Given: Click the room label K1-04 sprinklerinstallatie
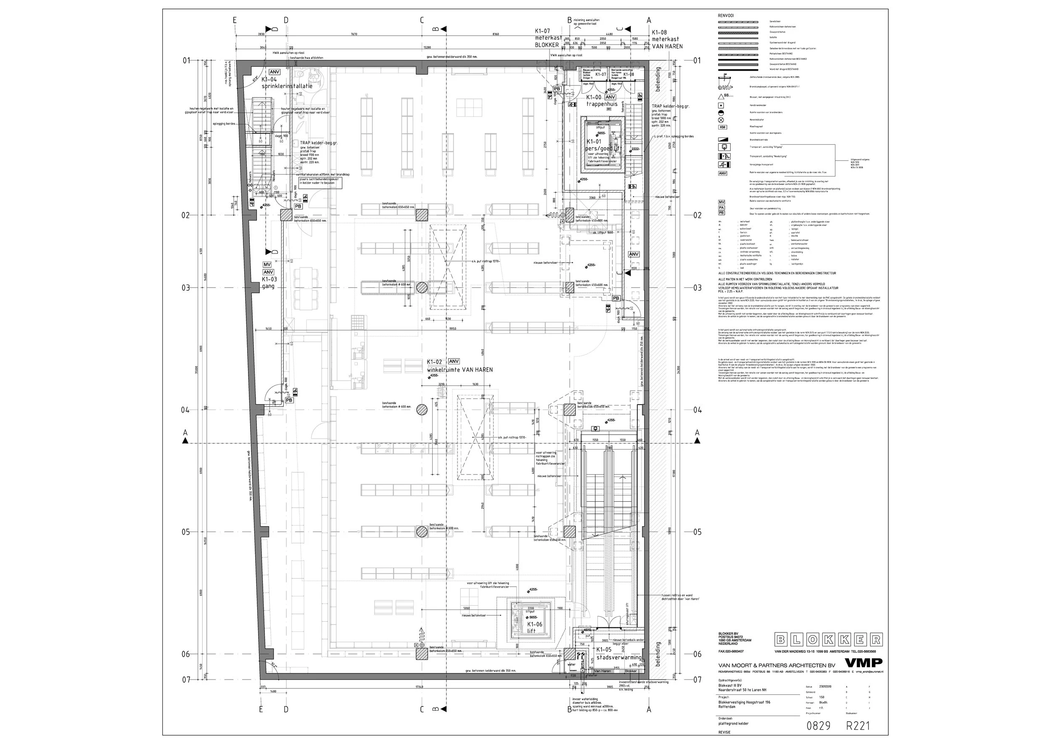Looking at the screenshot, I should [x=287, y=83].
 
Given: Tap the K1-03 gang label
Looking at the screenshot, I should [x=269, y=283].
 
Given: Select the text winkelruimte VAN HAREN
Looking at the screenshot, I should [x=460, y=370].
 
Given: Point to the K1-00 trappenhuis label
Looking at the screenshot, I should [x=602, y=101].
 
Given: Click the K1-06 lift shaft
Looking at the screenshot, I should [x=531, y=623].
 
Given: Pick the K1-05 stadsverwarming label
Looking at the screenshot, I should [x=618, y=654].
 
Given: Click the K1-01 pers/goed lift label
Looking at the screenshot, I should [x=604, y=145].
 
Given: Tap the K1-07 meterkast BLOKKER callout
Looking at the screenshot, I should [x=548, y=38].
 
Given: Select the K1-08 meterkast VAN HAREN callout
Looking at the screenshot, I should [x=667, y=40].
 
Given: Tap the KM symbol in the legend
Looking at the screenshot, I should [x=722, y=127].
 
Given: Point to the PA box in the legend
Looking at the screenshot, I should [x=722, y=207].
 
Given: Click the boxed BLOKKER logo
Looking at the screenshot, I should [x=828, y=640].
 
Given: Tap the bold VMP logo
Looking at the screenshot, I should [x=863, y=663].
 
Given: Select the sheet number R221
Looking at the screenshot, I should [x=857, y=725].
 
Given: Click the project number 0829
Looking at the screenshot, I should [x=818, y=725].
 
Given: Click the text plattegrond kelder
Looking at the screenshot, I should [x=734, y=723].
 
